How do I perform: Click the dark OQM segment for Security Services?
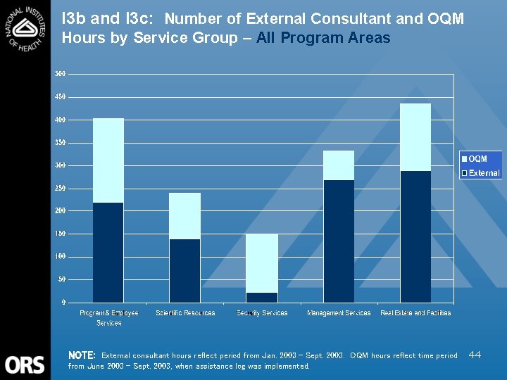click(261, 298)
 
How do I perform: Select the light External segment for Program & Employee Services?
click(108, 160)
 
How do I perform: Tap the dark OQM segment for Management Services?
click(339, 241)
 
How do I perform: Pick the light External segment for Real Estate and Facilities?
click(415, 137)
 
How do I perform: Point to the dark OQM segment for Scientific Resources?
click(185, 271)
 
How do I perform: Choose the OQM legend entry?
click(477, 160)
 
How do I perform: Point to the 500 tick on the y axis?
click(61, 74)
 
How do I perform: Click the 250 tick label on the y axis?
click(61, 189)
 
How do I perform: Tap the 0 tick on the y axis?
click(64, 303)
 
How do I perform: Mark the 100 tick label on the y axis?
click(61, 257)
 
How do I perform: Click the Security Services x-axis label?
click(262, 313)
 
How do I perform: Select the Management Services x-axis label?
click(339, 313)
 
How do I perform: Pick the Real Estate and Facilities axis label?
click(415, 313)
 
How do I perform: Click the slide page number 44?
click(475, 355)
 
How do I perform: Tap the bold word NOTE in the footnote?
click(82, 356)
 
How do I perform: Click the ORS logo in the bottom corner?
click(25, 365)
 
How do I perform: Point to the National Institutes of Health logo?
click(25, 28)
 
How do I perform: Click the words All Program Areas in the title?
click(323, 38)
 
